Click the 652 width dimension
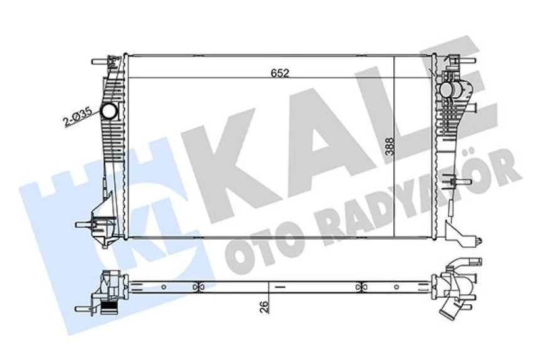coord(280,73)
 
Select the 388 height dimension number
coord(390,146)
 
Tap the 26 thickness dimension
coord(266,307)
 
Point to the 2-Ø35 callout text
coord(78,117)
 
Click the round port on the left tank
coord(110,112)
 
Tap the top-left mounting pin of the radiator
coord(98,62)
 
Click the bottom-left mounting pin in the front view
coord(82,224)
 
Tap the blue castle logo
coord(107,207)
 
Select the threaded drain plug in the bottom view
coord(109,307)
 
